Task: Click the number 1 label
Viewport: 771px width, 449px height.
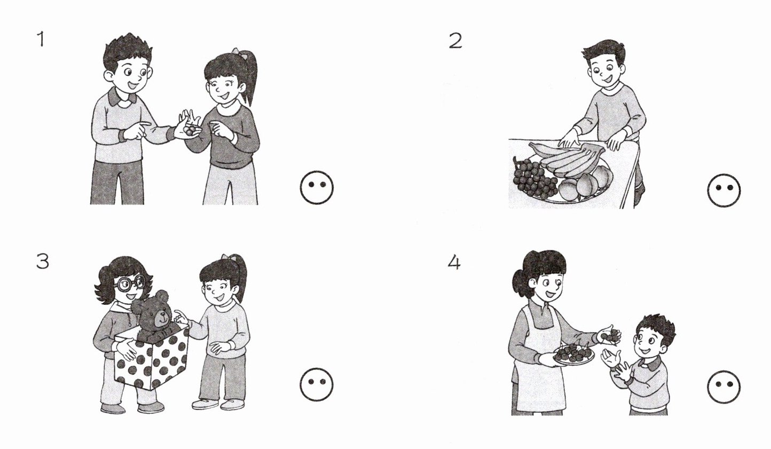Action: tap(41, 39)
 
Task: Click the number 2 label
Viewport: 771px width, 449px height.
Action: tap(455, 41)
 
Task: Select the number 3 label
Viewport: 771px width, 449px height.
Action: tap(42, 261)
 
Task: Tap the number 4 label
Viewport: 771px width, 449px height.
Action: tap(454, 263)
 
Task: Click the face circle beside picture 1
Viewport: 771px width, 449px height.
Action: tap(317, 187)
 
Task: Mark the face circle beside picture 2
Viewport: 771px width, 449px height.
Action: tap(723, 190)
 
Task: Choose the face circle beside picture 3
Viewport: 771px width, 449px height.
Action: tap(316, 384)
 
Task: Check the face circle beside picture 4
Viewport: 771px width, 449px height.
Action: tap(723, 387)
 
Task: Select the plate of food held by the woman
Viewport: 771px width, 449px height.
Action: tap(574, 354)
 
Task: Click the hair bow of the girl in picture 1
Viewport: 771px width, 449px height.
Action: tap(238, 53)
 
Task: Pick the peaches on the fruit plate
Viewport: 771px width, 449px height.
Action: tap(585, 183)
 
